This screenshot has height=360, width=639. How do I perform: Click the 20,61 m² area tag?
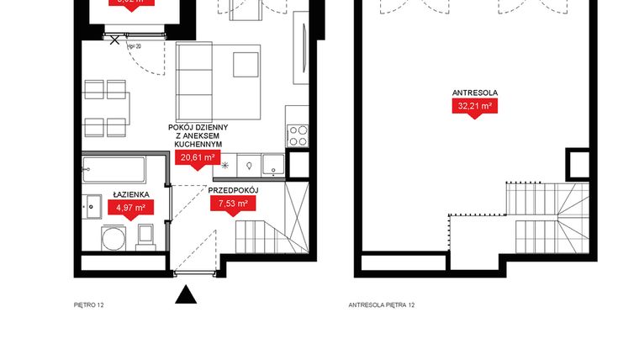pyautogui.click(x=197, y=157)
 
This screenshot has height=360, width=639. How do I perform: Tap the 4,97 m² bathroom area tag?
pyautogui.click(x=130, y=208)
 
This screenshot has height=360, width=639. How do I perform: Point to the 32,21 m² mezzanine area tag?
pyautogui.click(x=475, y=107)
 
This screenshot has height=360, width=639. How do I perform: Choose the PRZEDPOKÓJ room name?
pyautogui.click(x=232, y=191)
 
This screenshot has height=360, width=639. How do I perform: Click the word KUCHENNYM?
pyautogui.click(x=198, y=145)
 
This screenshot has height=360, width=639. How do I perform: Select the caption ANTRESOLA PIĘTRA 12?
pyautogui.click(x=382, y=305)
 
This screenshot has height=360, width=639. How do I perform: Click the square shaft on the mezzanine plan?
pyautogui.click(x=578, y=163)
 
